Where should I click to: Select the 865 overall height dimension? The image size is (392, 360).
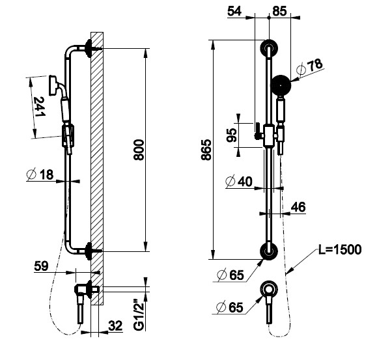click(x=206, y=152)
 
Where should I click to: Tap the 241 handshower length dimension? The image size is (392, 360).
click(x=40, y=105)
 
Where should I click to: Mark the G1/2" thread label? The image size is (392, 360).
click(x=137, y=313)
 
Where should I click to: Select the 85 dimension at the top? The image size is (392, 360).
click(x=281, y=11)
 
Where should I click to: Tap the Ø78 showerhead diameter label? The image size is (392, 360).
click(x=311, y=66)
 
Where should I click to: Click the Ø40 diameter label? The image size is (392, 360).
click(x=239, y=182)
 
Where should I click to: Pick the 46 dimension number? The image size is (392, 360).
click(x=298, y=207)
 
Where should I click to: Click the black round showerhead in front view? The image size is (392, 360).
click(x=281, y=85)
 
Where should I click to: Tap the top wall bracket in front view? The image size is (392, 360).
click(x=268, y=48)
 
